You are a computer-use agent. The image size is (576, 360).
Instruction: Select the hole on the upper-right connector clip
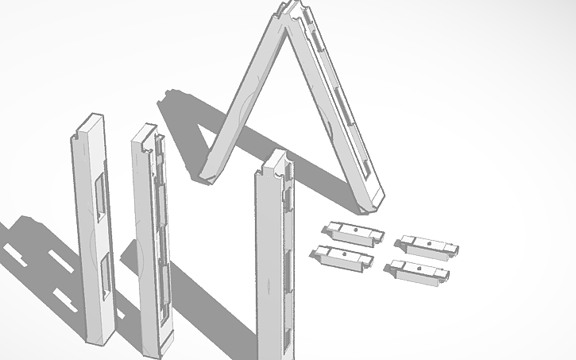[x=428, y=242]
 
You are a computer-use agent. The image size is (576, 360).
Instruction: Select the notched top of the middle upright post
[x=145, y=136]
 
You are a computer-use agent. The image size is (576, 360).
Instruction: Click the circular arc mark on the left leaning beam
[x=248, y=103]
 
